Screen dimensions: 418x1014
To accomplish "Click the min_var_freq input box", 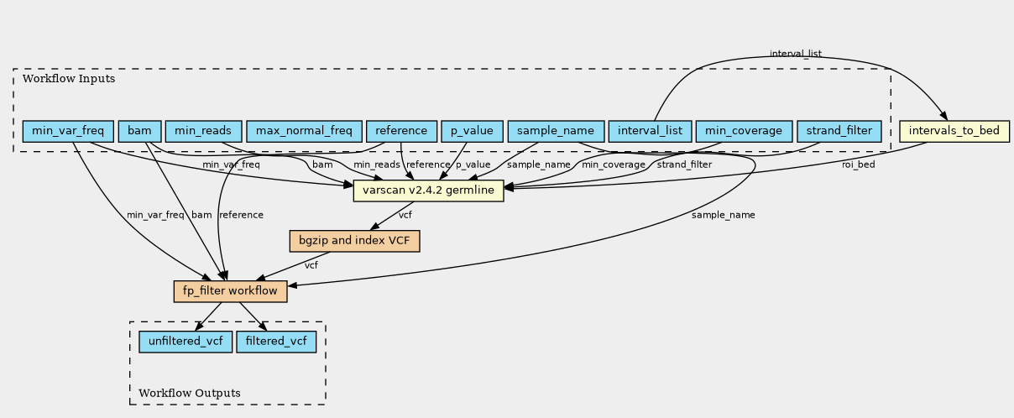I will (x=68, y=131).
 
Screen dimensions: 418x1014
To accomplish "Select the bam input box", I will (x=139, y=131).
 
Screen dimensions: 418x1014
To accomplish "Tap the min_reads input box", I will (x=204, y=131).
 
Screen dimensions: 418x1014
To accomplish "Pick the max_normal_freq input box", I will (x=304, y=131).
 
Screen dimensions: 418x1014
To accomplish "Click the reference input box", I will (x=401, y=131).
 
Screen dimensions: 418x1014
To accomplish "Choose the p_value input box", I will (x=472, y=131).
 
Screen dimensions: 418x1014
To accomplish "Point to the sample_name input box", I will (x=556, y=131).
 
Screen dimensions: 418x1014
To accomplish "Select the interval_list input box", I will (x=650, y=131).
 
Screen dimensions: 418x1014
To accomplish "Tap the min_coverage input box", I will (x=743, y=131).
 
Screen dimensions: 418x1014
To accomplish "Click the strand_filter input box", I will (x=838, y=131).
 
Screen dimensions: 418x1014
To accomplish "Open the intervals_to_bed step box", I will (x=954, y=131).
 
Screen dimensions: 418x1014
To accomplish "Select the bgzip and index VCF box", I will (x=353, y=241).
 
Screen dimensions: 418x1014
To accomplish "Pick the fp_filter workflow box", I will (x=230, y=291).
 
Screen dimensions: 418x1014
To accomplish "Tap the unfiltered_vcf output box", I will (x=186, y=342).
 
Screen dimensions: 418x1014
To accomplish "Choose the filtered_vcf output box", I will (x=276, y=342).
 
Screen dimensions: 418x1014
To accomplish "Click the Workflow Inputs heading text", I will (x=69, y=79).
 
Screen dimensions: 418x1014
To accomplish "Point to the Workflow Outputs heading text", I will (x=189, y=393).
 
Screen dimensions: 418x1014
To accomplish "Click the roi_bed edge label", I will (x=858, y=165).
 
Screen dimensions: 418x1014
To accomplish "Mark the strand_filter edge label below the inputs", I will (x=684, y=165).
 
